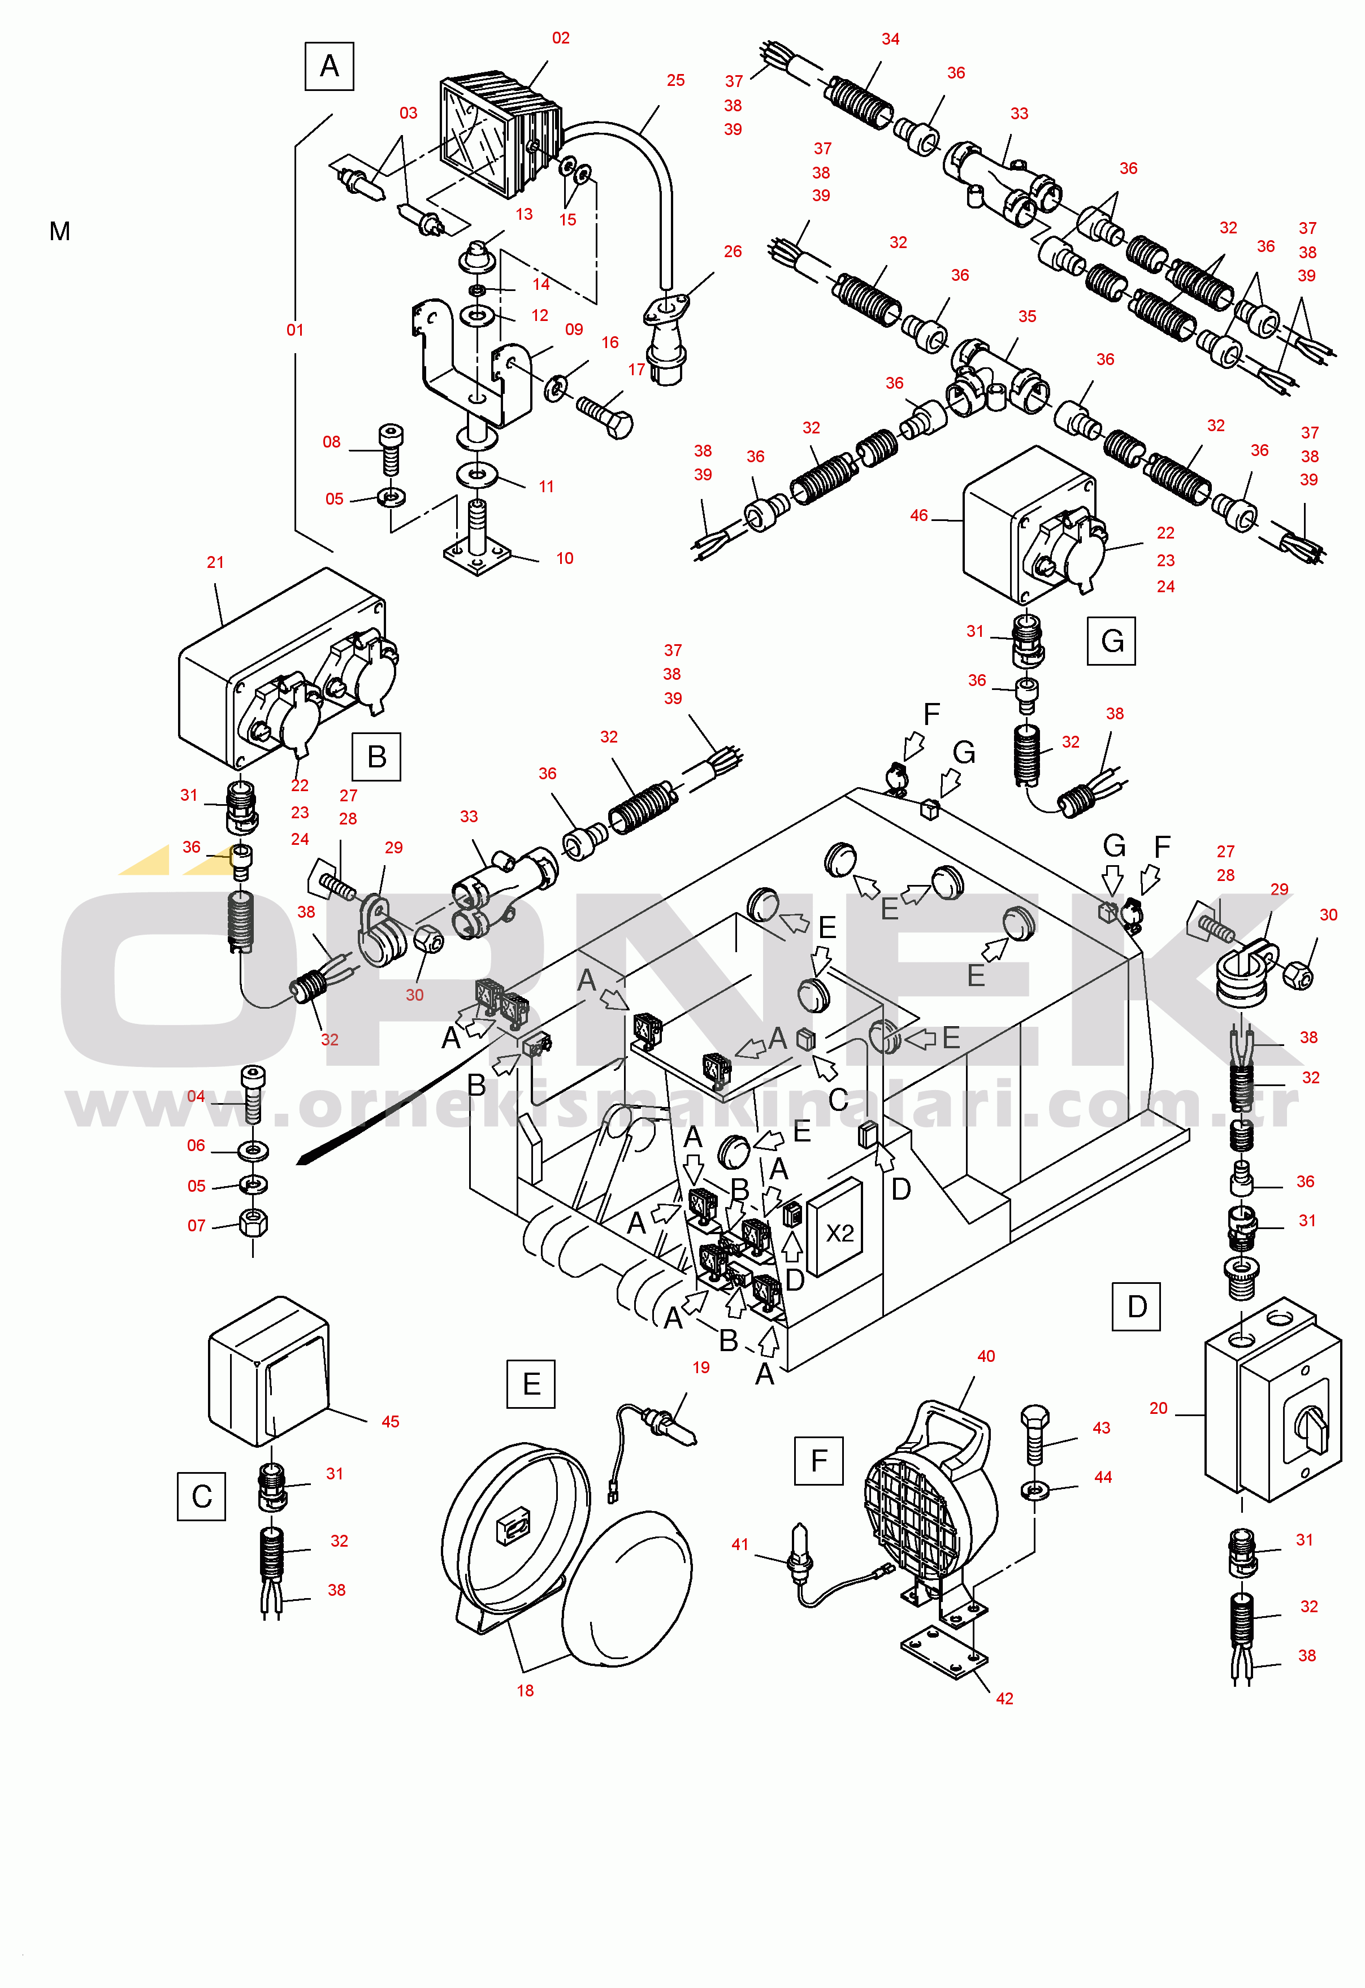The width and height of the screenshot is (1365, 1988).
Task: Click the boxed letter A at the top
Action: [x=330, y=66]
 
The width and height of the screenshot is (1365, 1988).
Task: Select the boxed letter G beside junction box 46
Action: [x=1111, y=641]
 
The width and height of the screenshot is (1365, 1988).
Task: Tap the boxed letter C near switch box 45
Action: [x=201, y=1496]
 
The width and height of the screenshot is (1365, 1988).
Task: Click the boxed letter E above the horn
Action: [x=531, y=1383]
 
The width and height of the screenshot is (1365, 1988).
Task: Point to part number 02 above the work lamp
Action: [x=561, y=38]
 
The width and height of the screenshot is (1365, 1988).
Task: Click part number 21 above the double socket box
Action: [x=215, y=562]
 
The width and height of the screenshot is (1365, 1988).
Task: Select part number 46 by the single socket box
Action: [x=918, y=515]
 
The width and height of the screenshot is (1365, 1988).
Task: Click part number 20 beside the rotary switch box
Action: [x=1158, y=1408]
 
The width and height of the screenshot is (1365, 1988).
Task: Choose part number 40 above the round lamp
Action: [x=986, y=1356]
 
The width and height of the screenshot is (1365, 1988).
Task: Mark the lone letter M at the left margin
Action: [x=60, y=231]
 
